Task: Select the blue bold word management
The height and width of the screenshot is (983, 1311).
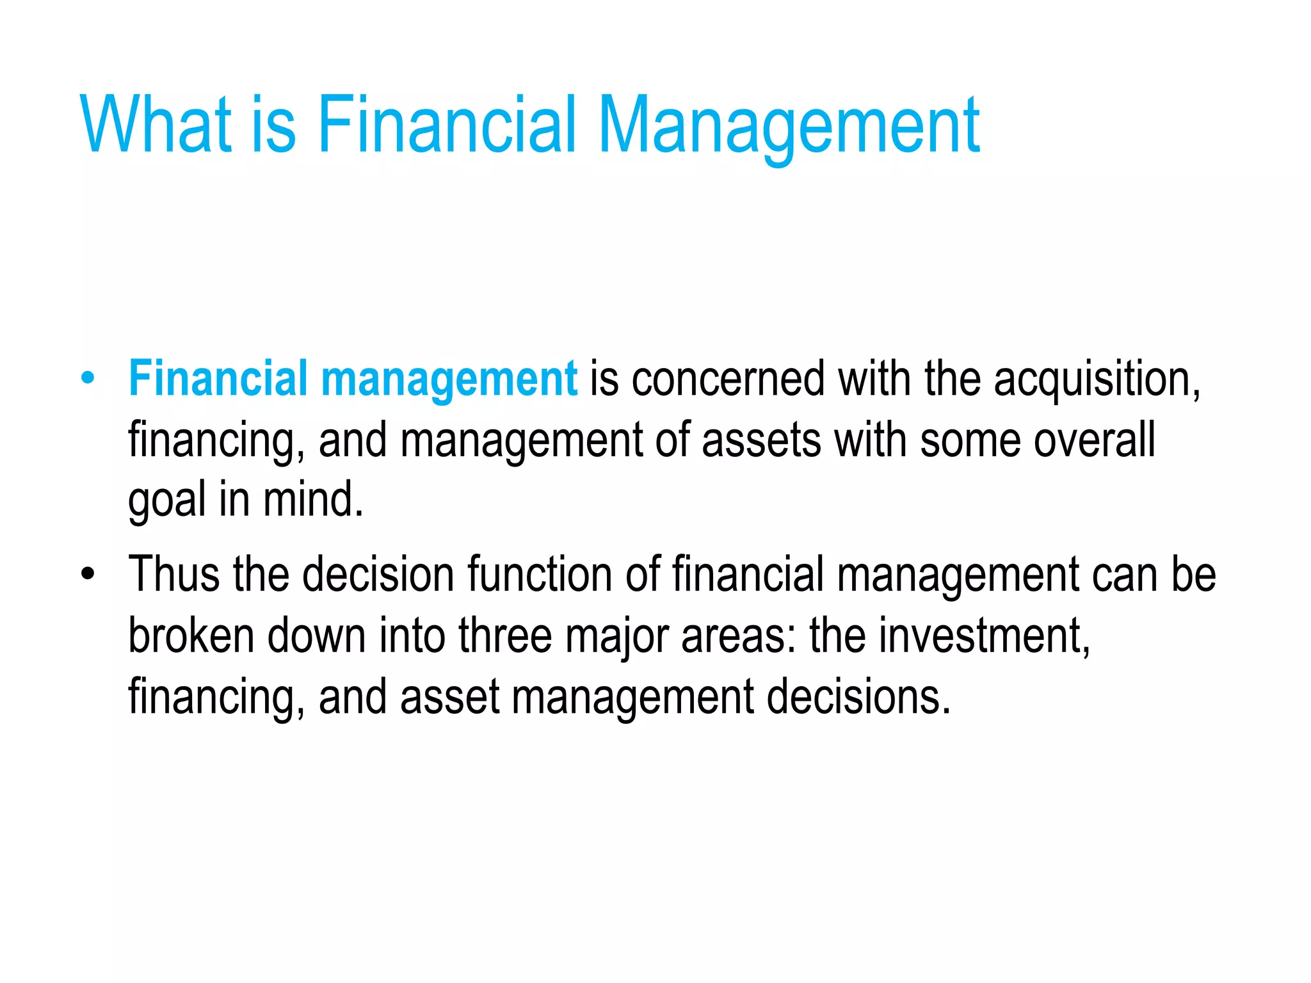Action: click(x=449, y=379)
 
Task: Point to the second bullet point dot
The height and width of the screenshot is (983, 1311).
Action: click(x=88, y=573)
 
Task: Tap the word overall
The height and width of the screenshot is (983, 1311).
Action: click(x=1095, y=440)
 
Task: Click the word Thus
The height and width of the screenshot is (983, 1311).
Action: click(x=174, y=573)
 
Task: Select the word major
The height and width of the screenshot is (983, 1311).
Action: click(x=616, y=636)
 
